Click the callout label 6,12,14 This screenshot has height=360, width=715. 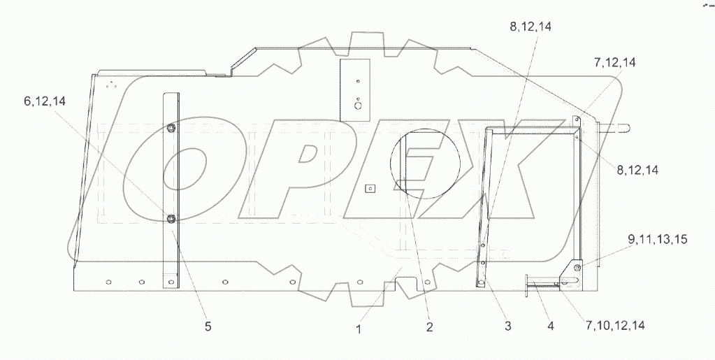click(45, 101)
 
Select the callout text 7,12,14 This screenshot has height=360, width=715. click(614, 62)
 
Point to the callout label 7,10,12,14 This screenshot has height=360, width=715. click(615, 325)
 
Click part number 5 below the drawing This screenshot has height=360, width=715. click(208, 326)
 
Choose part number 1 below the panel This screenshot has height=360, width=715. click(359, 329)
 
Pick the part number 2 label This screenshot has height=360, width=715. click(429, 326)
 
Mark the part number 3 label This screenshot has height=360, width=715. click(507, 326)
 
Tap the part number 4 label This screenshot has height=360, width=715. click(550, 326)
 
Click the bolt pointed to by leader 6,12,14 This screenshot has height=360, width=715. click(171, 219)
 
